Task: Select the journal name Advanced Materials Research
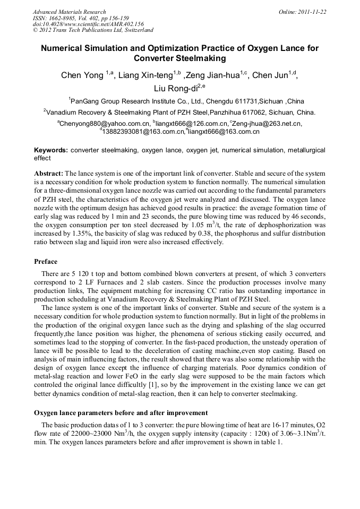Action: coord(69,12)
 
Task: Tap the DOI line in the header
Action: coord(88,24)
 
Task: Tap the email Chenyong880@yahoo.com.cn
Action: coord(105,124)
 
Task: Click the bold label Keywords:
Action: coord(51,150)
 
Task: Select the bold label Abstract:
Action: coord(49,174)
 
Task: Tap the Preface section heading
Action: coord(46,262)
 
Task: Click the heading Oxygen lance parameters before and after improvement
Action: coord(121,412)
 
